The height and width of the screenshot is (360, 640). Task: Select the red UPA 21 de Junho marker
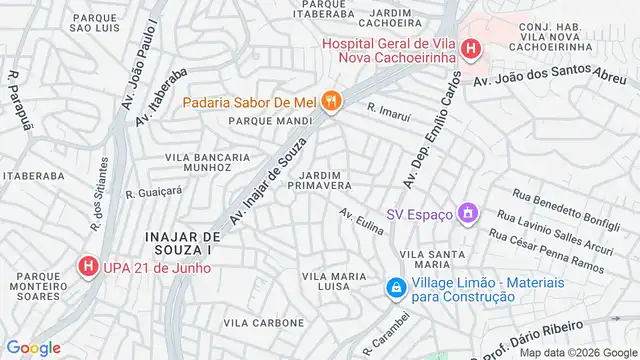click(87, 267)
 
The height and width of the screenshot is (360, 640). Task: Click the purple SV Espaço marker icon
click(466, 212)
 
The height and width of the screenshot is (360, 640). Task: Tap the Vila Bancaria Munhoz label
click(208, 163)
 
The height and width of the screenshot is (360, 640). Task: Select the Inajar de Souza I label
click(180, 243)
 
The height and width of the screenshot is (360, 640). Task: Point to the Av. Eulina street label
click(361, 222)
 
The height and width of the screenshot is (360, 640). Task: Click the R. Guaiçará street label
click(154, 191)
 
